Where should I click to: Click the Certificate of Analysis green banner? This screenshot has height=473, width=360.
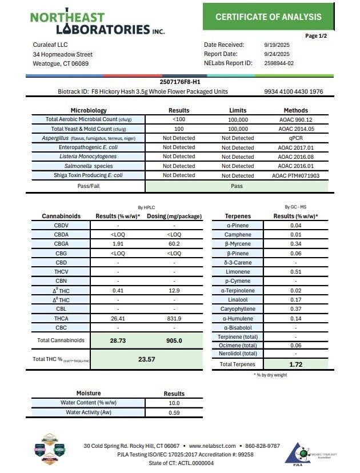(268, 17)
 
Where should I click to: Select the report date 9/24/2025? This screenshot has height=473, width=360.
(277, 54)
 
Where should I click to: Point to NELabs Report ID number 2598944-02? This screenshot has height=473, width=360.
(279, 63)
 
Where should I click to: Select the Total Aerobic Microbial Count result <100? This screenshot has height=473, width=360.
(179, 119)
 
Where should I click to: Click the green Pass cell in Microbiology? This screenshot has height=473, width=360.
(237, 186)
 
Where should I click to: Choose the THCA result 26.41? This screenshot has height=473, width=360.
(118, 318)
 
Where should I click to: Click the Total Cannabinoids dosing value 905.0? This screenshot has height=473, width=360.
(174, 340)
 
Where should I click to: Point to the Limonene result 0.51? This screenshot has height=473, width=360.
(296, 272)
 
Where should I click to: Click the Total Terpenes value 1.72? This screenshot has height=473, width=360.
(296, 364)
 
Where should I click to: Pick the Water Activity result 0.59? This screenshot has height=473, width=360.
(174, 412)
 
